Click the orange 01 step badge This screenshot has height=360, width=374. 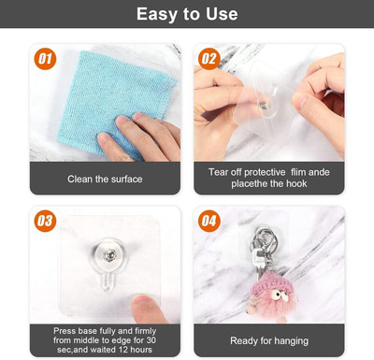click(x=45, y=59)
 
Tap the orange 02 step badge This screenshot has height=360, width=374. click(x=209, y=59)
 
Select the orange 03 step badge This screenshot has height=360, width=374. click(x=45, y=221)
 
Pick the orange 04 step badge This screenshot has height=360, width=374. click(x=209, y=221)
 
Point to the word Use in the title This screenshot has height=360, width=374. click(x=222, y=14)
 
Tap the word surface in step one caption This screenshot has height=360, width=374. click(x=126, y=179)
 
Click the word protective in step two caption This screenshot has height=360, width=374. click(x=265, y=172)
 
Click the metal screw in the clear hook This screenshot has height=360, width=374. click(x=108, y=255)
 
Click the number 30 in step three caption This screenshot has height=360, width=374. click(x=151, y=340)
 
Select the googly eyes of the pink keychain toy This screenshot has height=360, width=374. click(x=279, y=295)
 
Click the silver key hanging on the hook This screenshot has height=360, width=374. click(x=258, y=261)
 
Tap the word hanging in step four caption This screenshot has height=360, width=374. click(x=291, y=341)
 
